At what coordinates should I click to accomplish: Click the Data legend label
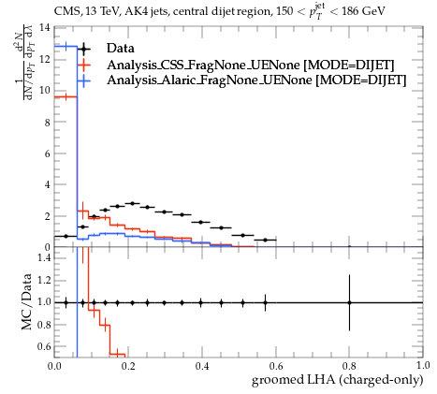121,49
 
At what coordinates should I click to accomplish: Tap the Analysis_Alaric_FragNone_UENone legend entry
256,80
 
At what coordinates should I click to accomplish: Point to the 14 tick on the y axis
45,27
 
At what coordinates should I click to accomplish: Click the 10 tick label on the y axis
45,91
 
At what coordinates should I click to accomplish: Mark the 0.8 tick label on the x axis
349,366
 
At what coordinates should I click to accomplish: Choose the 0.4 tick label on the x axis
202,366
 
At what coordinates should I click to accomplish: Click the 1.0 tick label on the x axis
423,366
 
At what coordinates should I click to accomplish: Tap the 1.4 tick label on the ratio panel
44,257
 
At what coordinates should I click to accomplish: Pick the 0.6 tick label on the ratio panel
44,346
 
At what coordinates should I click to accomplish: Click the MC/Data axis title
26,301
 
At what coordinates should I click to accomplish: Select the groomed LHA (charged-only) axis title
338,380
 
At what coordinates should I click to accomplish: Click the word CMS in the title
66,11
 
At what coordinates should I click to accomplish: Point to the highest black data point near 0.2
132,203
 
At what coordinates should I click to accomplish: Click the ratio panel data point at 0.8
349,302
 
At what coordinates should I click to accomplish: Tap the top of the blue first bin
66,47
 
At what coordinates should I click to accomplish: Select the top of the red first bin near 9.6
66,97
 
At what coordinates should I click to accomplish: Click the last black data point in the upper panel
265,240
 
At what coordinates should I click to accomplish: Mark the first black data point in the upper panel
66,236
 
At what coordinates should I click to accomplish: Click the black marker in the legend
83,49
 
